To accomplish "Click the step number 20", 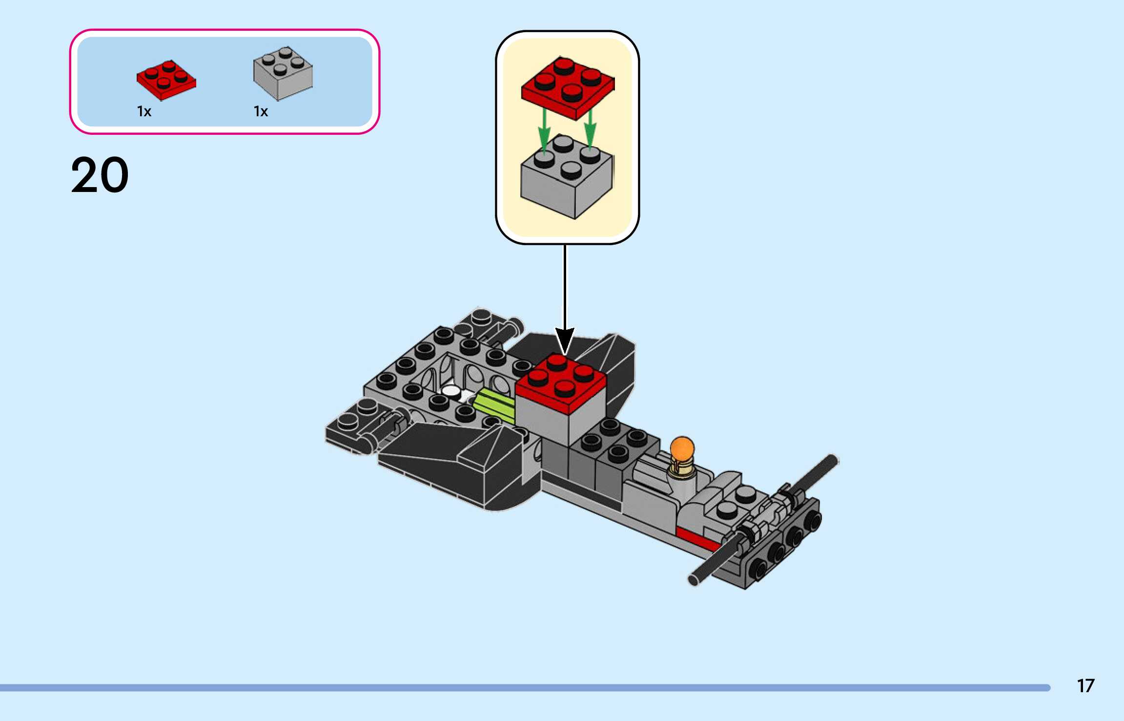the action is pyautogui.click(x=100, y=175).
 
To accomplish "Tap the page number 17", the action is pyautogui.click(x=1085, y=686).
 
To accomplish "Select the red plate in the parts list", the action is pyautogui.click(x=166, y=80).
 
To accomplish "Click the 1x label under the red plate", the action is pyautogui.click(x=144, y=112).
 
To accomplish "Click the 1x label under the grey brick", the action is pyautogui.click(x=261, y=112).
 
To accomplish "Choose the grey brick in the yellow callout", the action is pyautogui.click(x=566, y=181).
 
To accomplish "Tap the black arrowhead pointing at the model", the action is pyautogui.click(x=565, y=340).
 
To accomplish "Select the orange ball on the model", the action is pyautogui.click(x=682, y=448).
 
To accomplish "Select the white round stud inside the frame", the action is pyautogui.click(x=451, y=391).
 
